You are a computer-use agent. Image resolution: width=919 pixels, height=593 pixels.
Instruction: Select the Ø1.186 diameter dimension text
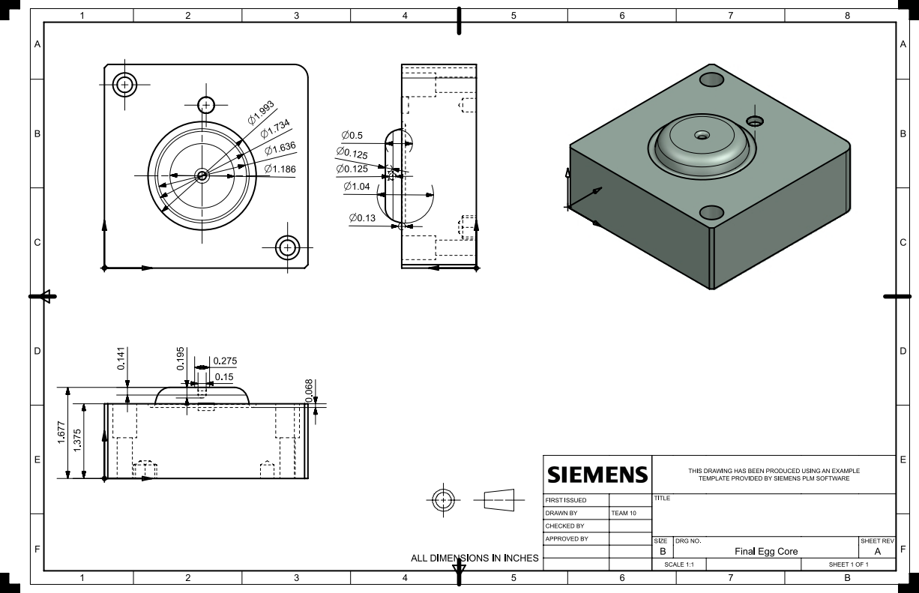280,169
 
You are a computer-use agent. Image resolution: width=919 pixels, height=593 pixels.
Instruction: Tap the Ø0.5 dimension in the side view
352,136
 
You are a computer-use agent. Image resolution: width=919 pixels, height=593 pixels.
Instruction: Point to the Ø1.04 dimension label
356,186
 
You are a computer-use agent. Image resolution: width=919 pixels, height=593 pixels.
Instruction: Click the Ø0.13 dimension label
362,217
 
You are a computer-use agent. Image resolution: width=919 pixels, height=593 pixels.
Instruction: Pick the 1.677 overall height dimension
61,433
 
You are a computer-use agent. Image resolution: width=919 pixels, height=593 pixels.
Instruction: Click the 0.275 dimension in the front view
225,361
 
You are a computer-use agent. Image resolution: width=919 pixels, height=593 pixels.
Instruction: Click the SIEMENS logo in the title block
597,475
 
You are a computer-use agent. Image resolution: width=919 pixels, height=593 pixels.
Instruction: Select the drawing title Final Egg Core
766,551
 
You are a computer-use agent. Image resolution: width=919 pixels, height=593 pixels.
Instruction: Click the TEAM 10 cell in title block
624,513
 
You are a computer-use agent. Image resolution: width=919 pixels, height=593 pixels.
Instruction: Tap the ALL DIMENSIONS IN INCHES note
474,558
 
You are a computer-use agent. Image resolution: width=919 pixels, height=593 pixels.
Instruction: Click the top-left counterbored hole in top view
124,84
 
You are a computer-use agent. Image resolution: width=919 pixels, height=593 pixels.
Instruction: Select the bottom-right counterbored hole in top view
287,247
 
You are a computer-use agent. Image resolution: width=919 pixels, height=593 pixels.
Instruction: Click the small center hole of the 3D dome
702,136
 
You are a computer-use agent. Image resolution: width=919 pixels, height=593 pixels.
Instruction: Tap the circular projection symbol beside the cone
444,499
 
